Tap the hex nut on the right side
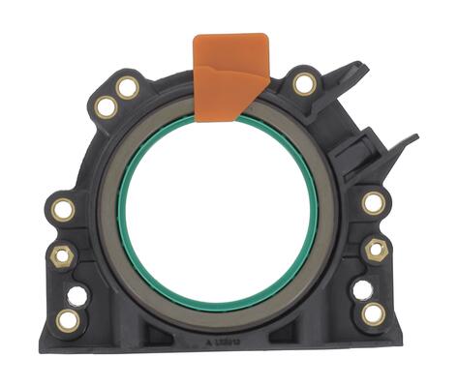(376, 249)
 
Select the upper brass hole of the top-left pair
(127, 89)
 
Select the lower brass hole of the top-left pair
(105, 107)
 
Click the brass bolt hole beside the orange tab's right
(304, 84)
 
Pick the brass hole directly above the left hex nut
(64, 209)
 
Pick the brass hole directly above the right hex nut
(373, 202)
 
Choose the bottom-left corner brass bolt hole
(68, 318)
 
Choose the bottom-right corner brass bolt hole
(372, 313)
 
